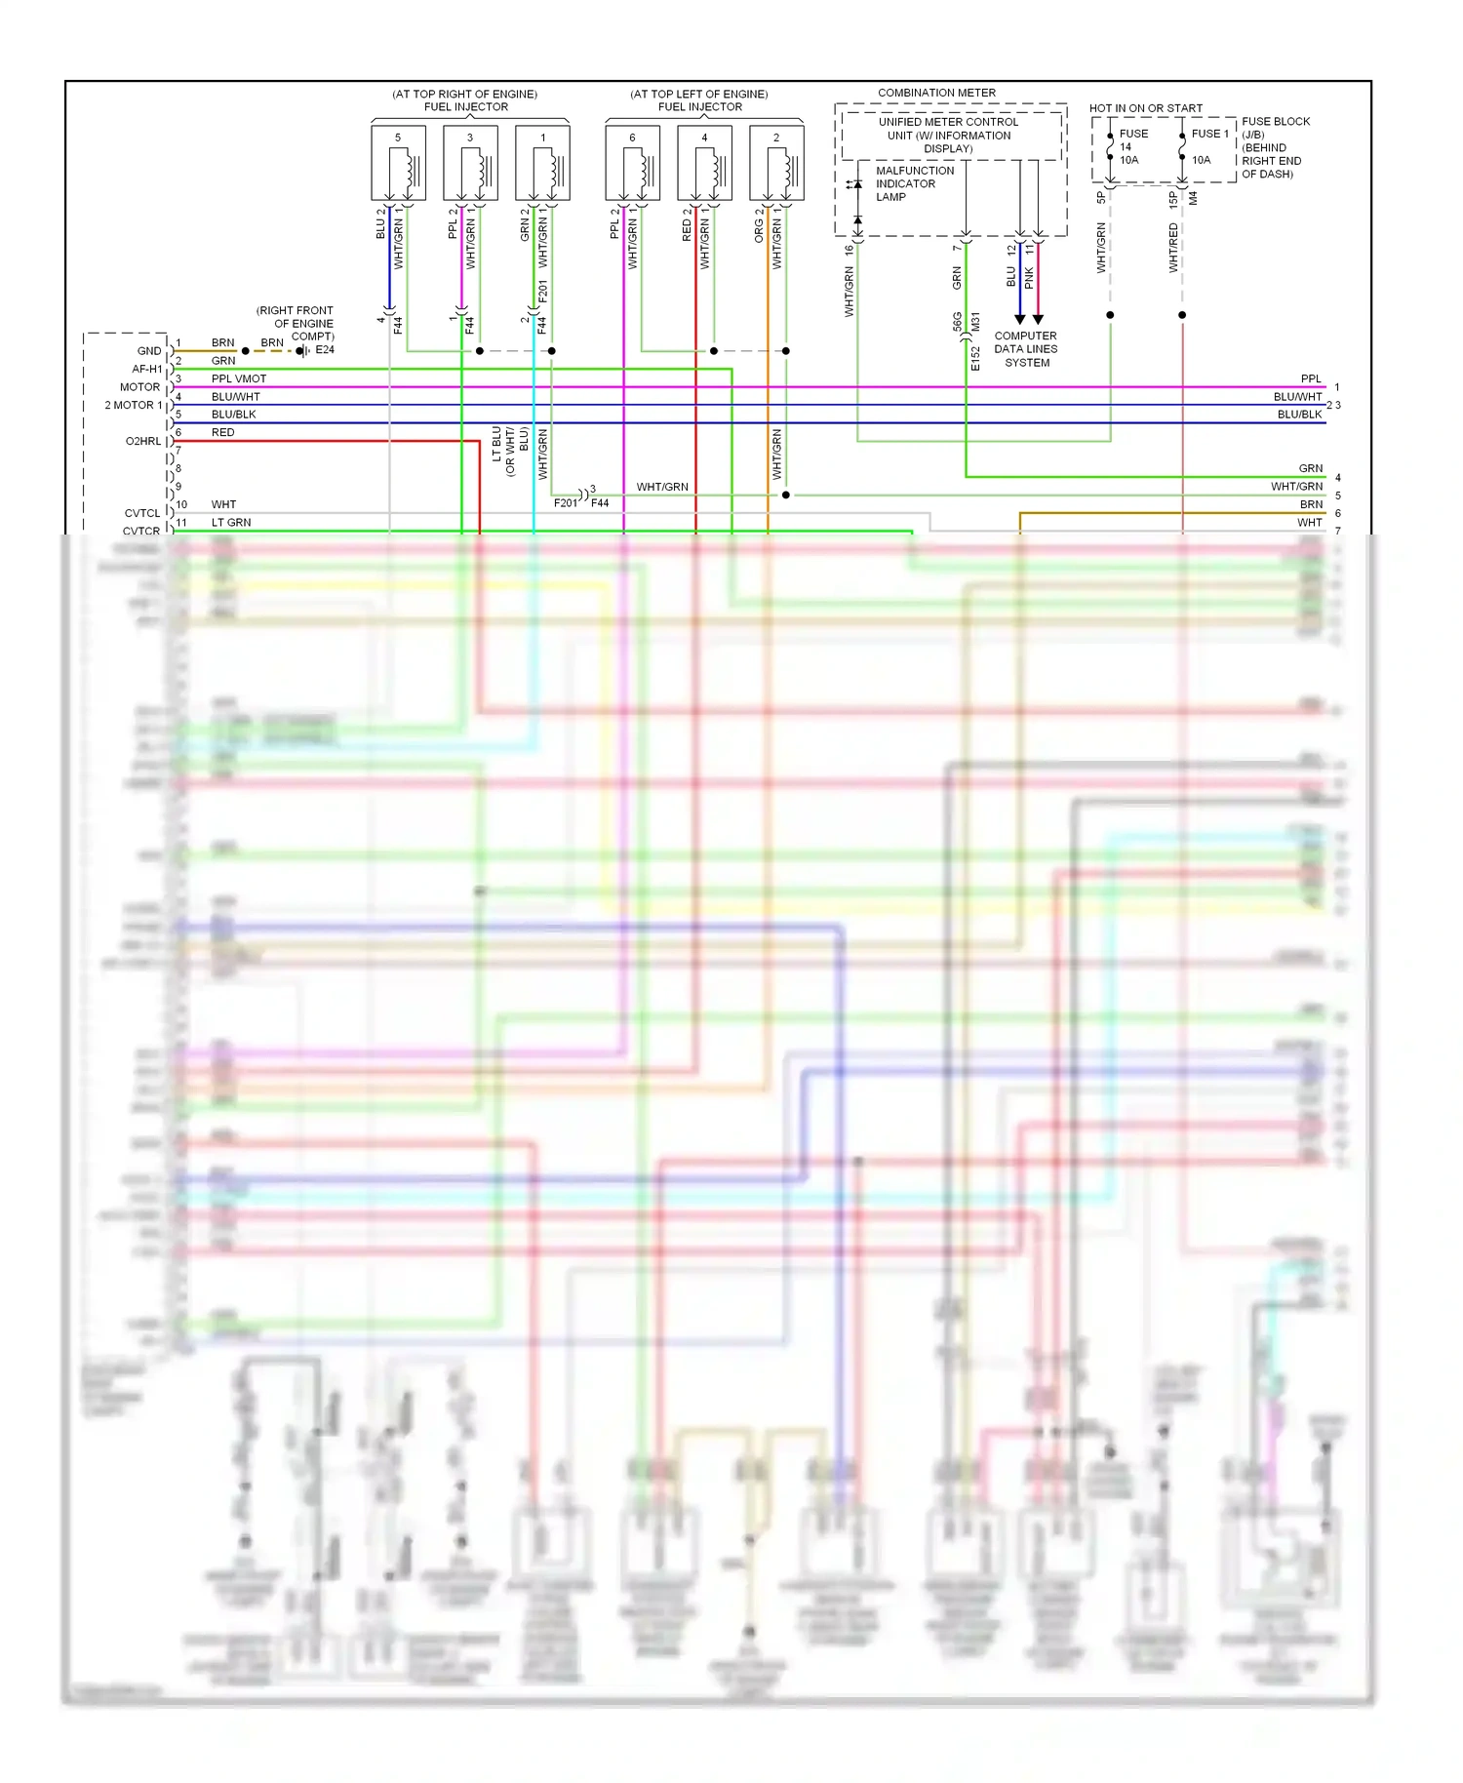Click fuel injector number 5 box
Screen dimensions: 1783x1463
click(398, 163)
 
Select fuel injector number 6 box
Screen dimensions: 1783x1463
click(632, 163)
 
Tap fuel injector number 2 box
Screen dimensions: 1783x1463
click(776, 163)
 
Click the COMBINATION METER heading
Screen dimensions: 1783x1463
click(936, 93)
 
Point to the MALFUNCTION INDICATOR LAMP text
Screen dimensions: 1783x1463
click(914, 183)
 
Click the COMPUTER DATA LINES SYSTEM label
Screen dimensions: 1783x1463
click(1026, 349)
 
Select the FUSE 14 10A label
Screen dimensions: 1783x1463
click(1132, 146)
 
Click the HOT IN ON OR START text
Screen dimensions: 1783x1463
click(1145, 108)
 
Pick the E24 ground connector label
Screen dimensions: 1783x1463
click(325, 350)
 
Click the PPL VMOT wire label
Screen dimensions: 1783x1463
click(239, 378)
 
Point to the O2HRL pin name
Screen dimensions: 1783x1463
click(143, 441)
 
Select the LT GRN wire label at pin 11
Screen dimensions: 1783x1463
click(231, 523)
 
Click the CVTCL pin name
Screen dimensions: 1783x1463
click(142, 513)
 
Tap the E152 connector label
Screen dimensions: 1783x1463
click(975, 359)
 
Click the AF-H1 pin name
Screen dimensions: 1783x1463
click(147, 369)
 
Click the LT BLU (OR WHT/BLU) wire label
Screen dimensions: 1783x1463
click(509, 451)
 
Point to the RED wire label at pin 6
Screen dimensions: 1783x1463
click(222, 432)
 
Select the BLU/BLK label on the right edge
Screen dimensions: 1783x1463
click(1299, 415)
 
